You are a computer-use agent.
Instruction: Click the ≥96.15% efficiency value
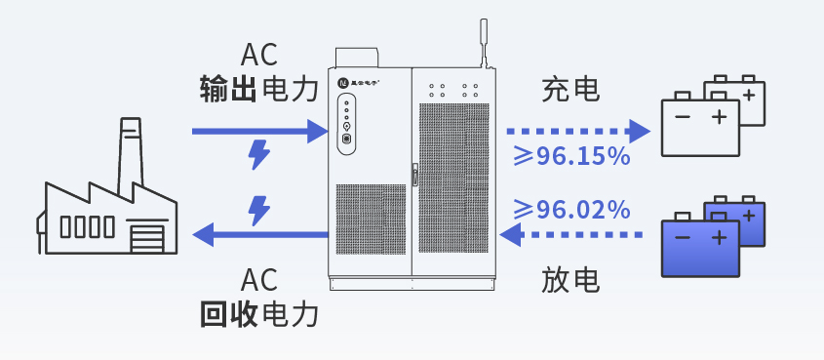[x=570, y=156]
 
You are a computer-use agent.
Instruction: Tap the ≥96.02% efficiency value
[x=570, y=209]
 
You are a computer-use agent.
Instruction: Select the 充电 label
[x=570, y=91]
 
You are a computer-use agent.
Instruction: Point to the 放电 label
[x=570, y=281]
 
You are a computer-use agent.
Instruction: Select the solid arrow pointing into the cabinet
[x=258, y=130]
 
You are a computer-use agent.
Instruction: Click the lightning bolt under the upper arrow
[x=259, y=154]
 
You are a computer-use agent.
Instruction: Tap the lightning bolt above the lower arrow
[x=259, y=209]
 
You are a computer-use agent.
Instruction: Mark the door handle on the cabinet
[x=415, y=176]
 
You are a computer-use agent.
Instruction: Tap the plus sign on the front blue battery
[x=719, y=238]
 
